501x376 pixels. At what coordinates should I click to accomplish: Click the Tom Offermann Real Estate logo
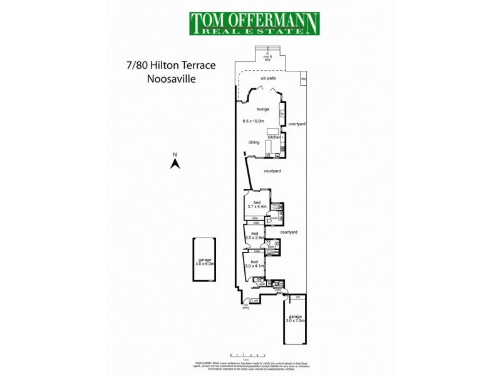click(x=254, y=24)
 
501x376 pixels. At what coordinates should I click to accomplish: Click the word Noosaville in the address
click(x=171, y=80)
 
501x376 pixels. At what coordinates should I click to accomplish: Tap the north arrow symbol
click(x=176, y=163)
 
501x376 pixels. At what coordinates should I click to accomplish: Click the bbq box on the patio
click(x=303, y=80)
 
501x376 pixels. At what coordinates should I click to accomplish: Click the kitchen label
click(x=274, y=137)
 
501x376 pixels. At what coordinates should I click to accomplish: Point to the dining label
click(x=253, y=142)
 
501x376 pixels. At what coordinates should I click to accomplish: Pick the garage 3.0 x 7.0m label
click(x=296, y=318)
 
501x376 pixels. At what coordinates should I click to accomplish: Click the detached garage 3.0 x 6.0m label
click(x=205, y=261)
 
